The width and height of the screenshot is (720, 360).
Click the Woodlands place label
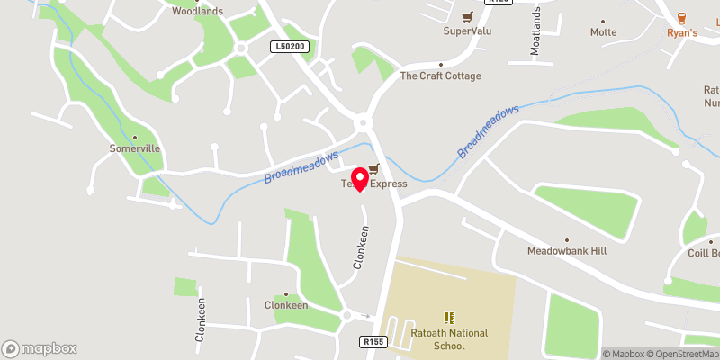pyautogui.click(x=197, y=12)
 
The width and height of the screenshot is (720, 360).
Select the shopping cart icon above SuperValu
pyautogui.click(x=468, y=16)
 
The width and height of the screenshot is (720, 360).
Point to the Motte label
pyautogui.click(x=603, y=32)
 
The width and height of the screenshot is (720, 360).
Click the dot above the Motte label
pyautogui.click(x=603, y=20)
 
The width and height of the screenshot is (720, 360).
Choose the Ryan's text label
pyautogui.click(x=682, y=32)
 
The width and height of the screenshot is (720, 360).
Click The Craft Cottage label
pyautogui.click(x=441, y=76)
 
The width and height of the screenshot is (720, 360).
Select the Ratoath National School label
pyautogui.click(x=448, y=338)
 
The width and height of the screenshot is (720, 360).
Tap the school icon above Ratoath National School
pyautogui.click(x=448, y=318)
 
